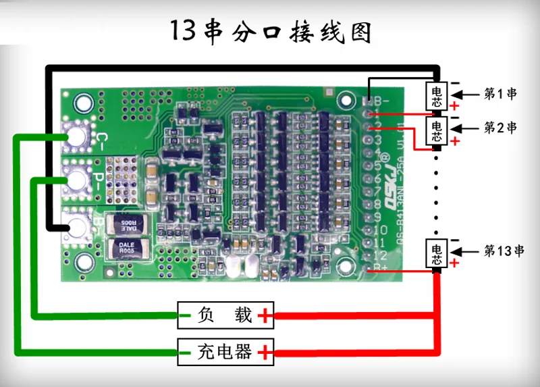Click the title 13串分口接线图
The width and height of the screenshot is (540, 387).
tap(270, 31)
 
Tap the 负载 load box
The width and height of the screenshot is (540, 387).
tap(225, 315)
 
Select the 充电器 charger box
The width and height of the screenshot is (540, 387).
tap(225, 351)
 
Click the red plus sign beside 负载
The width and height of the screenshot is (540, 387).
tap(266, 315)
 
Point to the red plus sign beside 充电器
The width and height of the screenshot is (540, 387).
tap(266, 351)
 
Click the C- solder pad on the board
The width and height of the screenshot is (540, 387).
tap(76, 138)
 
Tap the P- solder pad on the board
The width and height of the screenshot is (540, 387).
tap(76, 180)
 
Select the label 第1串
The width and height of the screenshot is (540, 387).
tap(500, 94)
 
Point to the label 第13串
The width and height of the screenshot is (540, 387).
tap(504, 251)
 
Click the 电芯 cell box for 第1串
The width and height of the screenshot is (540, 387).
tap(436, 95)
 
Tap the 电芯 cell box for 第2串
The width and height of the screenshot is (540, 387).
tap(436, 130)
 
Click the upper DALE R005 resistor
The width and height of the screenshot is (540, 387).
tap(126, 223)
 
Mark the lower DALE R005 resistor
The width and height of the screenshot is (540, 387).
tap(126, 247)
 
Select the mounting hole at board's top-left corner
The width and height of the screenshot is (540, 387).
tap(84, 103)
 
